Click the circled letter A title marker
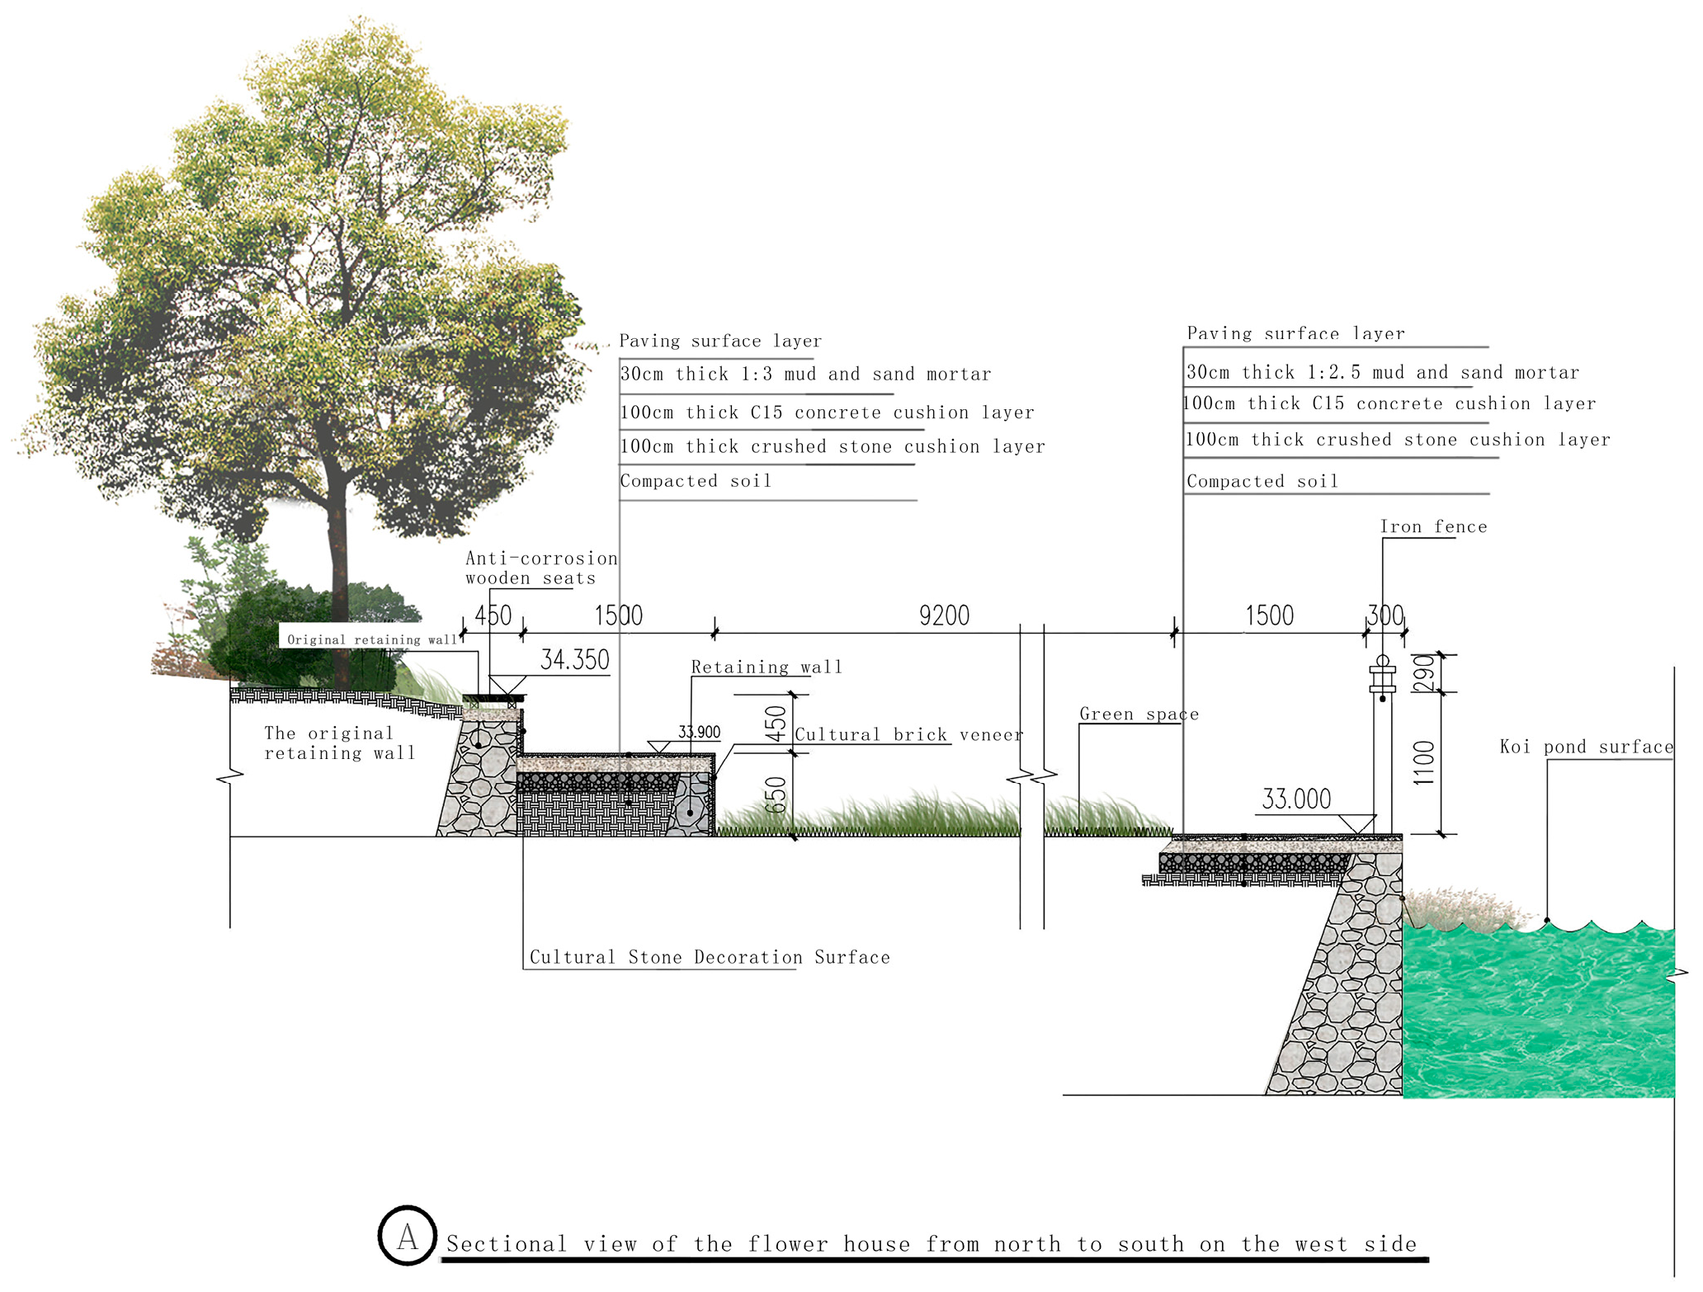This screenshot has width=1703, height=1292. click(407, 1236)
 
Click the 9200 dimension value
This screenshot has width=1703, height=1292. click(944, 615)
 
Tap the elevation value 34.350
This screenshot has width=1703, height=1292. click(575, 660)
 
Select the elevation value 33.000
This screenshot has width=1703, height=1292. click(1296, 799)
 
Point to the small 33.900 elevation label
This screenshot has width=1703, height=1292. click(699, 732)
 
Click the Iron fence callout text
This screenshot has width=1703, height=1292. click(1433, 526)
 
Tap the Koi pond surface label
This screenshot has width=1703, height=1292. click(1586, 747)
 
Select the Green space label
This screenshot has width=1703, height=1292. click(1139, 714)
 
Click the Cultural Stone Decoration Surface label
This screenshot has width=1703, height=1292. click(710, 957)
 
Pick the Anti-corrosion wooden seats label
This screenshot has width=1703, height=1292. click(540, 568)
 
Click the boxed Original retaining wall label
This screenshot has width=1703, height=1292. click(371, 639)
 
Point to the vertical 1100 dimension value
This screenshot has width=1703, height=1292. click(1425, 762)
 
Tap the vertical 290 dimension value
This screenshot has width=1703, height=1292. click(1425, 673)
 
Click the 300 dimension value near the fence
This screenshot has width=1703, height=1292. click(1385, 615)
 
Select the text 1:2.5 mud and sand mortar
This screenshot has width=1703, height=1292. click(1443, 372)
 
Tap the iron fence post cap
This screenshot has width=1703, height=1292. click(1383, 663)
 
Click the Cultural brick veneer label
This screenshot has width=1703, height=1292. click(908, 734)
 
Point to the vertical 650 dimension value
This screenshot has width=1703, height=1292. click(776, 795)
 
